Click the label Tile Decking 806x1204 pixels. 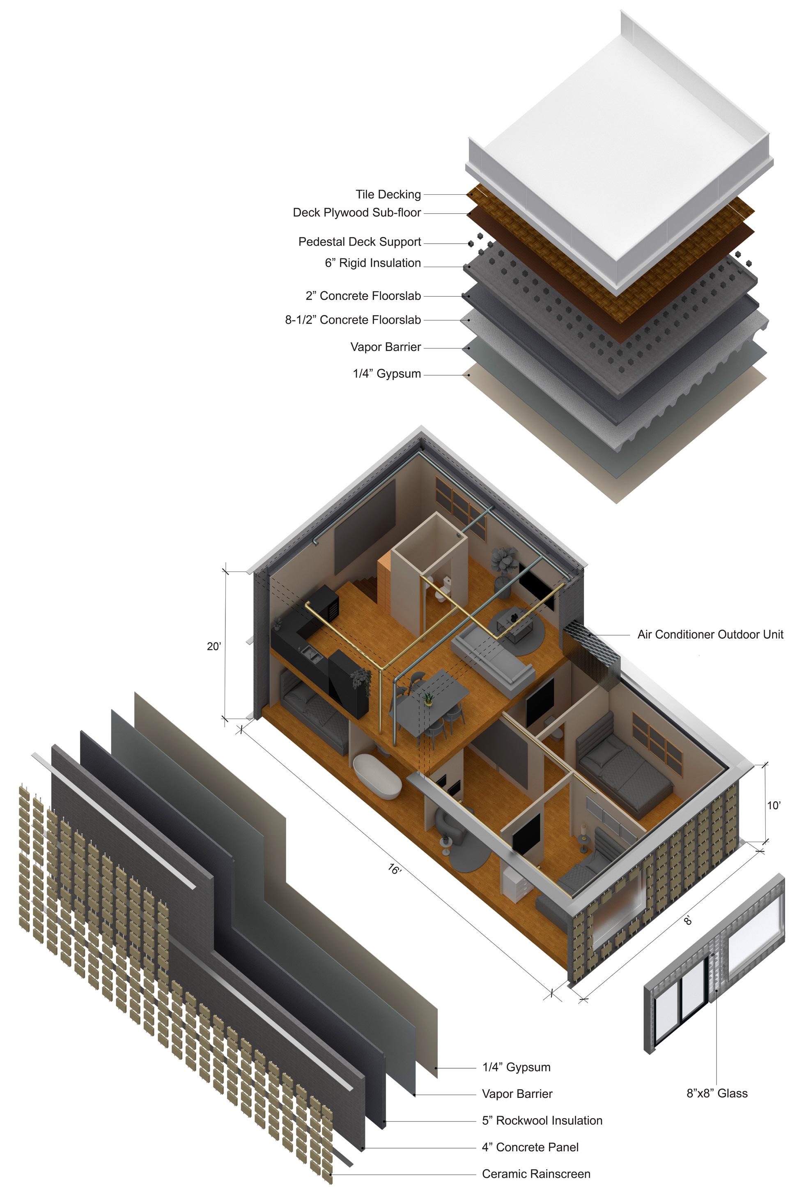(388, 194)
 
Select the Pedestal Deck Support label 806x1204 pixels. (360, 242)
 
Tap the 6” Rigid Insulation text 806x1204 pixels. (373, 263)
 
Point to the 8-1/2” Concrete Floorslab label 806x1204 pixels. (353, 320)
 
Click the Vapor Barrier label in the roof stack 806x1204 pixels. (386, 347)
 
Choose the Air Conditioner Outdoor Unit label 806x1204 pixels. (710, 634)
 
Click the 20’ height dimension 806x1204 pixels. (214, 646)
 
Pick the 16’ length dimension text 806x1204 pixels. (394, 869)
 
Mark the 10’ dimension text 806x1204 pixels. (774, 805)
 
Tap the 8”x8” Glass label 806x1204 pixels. (717, 1093)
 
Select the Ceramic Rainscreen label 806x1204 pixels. (536, 1174)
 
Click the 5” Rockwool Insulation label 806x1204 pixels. (542, 1121)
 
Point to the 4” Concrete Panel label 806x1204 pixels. (530, 1147)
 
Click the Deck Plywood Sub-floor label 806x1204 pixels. (357, 213)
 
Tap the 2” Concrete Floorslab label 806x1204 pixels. (363, 296)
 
